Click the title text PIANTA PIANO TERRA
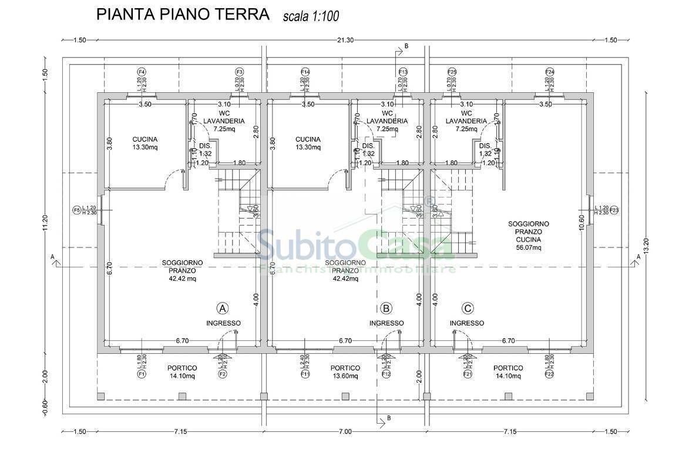pyautogui.click(x=183, y=14)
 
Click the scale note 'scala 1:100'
pyautogui.click(x=311, y=16)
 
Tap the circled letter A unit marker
pyautogui.click(x=223, y=308)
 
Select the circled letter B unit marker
pyautogui.click(x=386, y=308)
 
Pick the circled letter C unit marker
pyautogui.click(x=468, y=308)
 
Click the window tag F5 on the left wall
pyautogui.click(x=76, y=210)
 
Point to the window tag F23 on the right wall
pyautogui.click(x=614, y=210)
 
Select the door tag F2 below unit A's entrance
pyautogui.click(x=223, y=374)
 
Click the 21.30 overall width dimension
pyautogui.click(x=345, y=40)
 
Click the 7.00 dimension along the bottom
pyautogui.click(x=345, y=432)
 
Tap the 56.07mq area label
pyautogui.click(x=529, y=248)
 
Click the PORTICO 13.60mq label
pyautogui.click(x=345, y=372)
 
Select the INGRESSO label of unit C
pyautogui.click(x=467, y=323)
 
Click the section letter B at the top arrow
pyautogui.click(x=406, y=45)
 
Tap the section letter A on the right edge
pyautogui.click(x=638, y=257)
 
